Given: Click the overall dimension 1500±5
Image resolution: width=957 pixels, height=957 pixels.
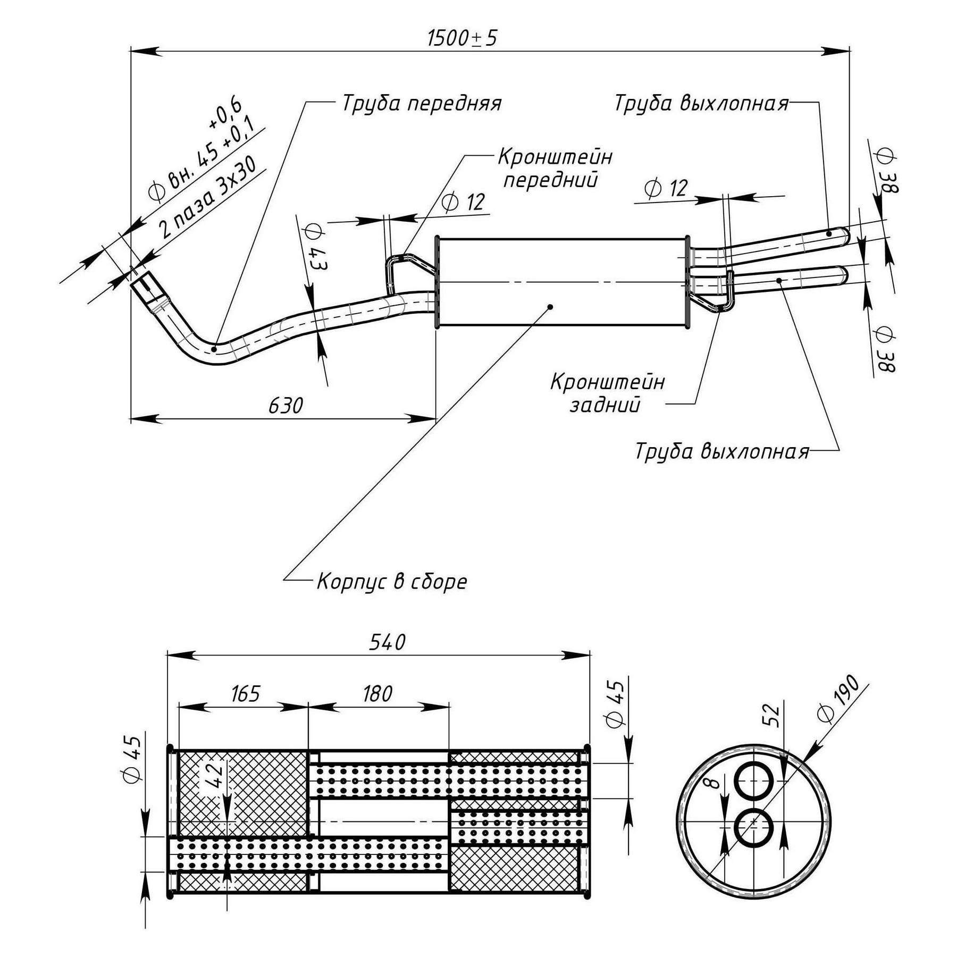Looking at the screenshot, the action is pos(462,38).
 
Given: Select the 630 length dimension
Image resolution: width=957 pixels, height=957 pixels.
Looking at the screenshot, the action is pos(286,406).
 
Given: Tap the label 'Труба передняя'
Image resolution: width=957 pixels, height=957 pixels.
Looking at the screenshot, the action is pos(422,103).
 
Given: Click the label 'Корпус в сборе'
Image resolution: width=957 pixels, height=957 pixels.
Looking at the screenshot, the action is pos(392,582).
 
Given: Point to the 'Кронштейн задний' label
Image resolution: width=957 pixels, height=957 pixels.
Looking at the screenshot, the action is pos(607,393).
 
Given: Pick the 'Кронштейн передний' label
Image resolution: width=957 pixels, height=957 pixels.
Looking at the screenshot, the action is pos(555,169).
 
